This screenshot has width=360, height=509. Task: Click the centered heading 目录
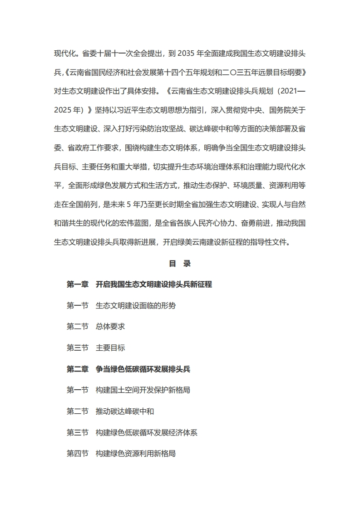point(180,264)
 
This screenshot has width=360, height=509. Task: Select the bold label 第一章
point(78,284)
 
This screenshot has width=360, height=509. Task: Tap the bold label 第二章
point(78,369)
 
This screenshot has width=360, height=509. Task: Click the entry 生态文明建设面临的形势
point(136,306)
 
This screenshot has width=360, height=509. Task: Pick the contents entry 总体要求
point(110,327)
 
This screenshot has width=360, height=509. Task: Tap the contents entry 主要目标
point(110,348)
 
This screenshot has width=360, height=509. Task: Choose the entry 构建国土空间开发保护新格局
point(143,390)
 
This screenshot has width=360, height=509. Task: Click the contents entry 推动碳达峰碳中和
point(125,411)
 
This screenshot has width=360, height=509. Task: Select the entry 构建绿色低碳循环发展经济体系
point(147,433)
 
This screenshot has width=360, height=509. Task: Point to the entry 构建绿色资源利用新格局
point(136,454)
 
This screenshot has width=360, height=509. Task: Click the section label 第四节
point(78,454)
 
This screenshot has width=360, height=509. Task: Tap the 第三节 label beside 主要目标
point(78,348)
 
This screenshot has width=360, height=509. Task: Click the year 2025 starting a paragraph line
point(63,110)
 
